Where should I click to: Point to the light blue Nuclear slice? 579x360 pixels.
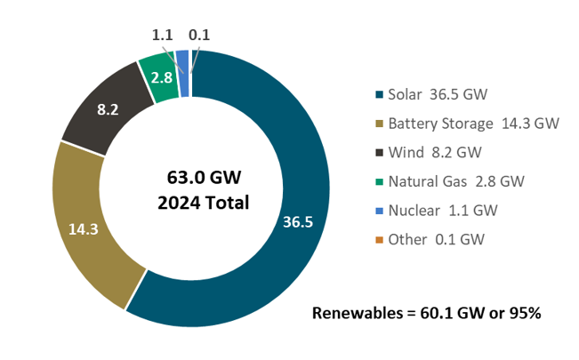tap(182, 60)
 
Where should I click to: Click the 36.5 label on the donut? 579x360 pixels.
tap(297, 221)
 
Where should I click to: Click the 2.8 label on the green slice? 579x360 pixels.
tap(161, 78)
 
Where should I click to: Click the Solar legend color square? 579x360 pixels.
tap(378, 94)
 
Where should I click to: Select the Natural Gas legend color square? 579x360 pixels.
tap(378, 181)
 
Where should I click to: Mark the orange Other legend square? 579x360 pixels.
tap(378, 239)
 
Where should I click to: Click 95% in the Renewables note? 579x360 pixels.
tap(522, 313)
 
